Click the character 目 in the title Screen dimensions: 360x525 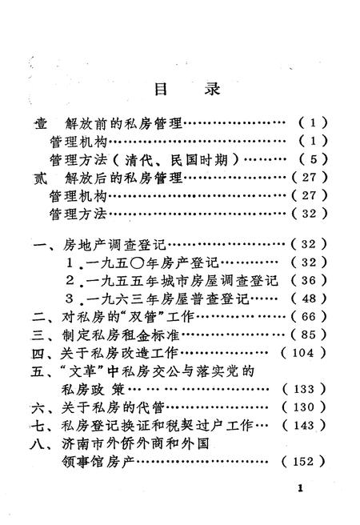point(161,89)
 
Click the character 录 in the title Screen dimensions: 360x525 point(212,89)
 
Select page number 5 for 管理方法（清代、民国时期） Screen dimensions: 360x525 point(313,159)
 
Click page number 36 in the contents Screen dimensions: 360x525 point(309,280)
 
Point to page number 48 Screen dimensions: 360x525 point(309,298)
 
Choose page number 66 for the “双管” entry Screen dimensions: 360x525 point(309,316)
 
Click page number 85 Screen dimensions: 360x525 point(309,335)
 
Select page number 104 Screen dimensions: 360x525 point(303,353)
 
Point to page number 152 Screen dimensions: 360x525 point(303,462)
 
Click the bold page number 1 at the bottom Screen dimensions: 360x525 point(300,488)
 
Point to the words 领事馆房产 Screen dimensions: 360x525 point(98,462)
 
